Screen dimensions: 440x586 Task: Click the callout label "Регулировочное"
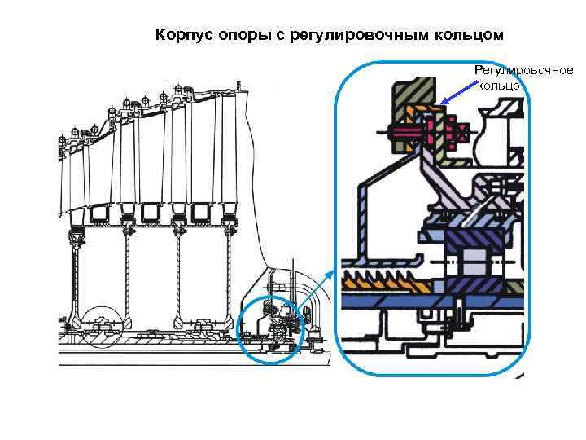(523, 71)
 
